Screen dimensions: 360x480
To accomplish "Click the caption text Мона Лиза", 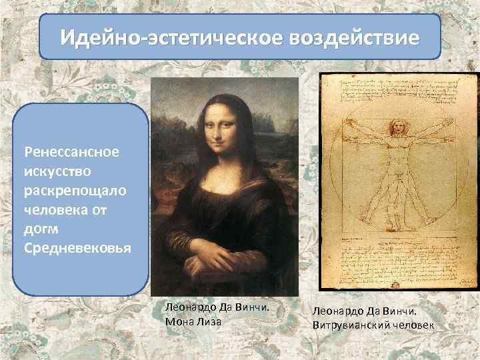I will coord(193,321).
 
